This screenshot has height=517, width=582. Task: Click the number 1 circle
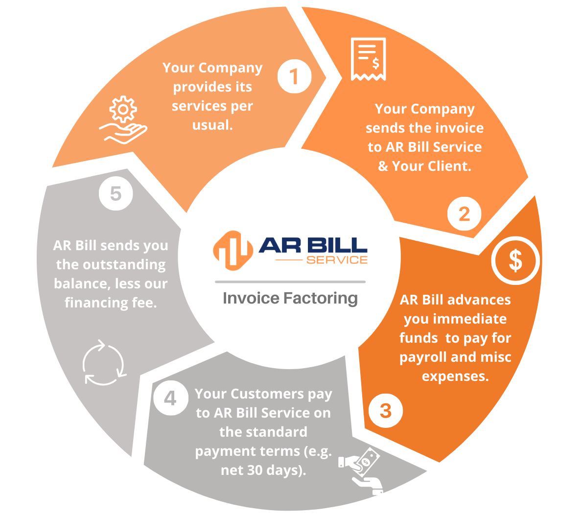[294, 76]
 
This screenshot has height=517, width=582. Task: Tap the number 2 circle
[465, 214]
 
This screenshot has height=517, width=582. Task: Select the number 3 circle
[386, 410]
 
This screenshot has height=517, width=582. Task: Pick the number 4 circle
[171, 398]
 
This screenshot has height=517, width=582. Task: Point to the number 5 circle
[116, 193]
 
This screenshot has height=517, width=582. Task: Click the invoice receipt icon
[369, 59]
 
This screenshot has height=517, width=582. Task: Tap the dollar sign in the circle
[515, 260]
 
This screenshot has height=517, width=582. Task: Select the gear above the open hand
[123, 109]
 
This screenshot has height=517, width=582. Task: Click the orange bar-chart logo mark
[233, 251]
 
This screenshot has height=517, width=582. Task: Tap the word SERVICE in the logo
[337, 260]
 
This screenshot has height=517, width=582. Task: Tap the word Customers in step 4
[267, 394]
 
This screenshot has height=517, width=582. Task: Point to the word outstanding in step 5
[124, 265]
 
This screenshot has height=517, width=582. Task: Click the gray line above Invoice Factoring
[290, 282]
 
